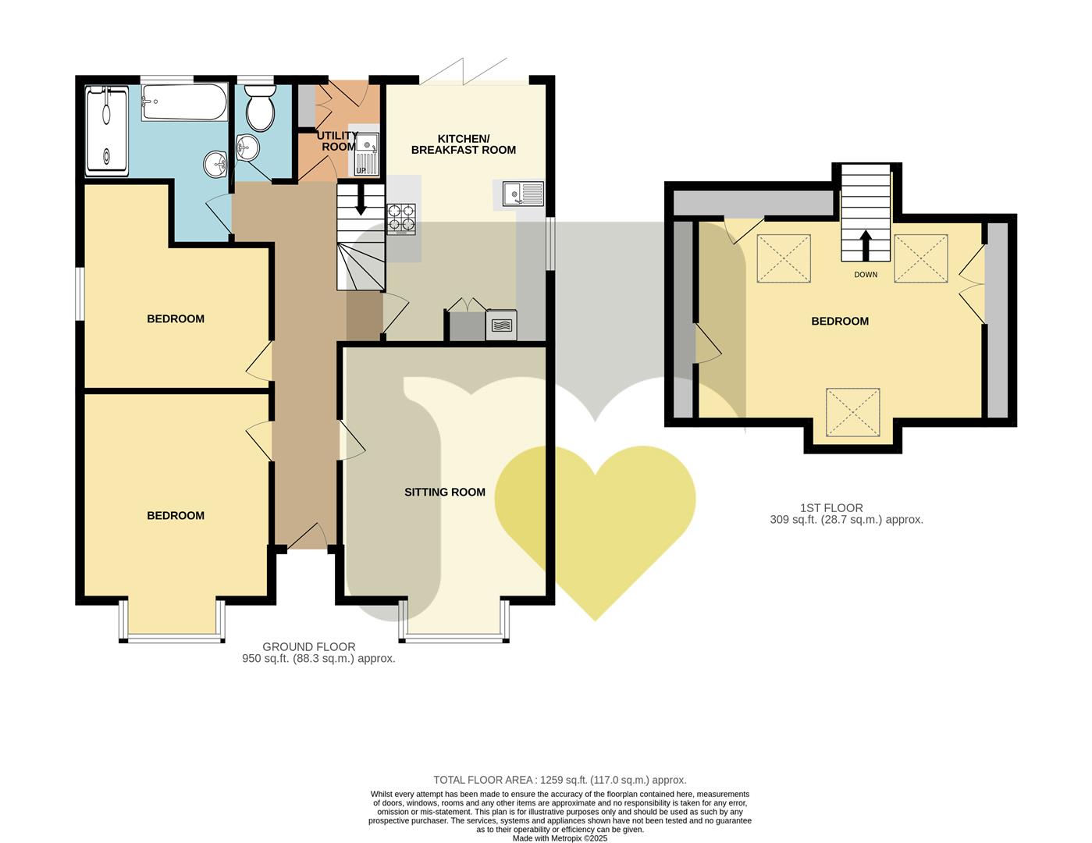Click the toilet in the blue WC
coord(260,107)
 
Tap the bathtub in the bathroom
coord(184,102)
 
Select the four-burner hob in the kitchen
coord(401,219)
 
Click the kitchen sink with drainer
coord(523,194)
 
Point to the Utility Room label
coord(337,141)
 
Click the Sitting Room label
coord(445,493)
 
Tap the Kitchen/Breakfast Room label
coord(464,144)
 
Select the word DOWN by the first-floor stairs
coord(866,274)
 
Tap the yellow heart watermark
coord(595,528)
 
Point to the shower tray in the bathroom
coord(107,131)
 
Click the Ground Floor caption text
coord(308,646)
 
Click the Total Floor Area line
coord(560,780)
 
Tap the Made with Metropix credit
coord(560,838)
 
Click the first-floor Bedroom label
coord(840,321)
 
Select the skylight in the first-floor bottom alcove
coord(853,412)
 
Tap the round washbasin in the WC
coord(247,147)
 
